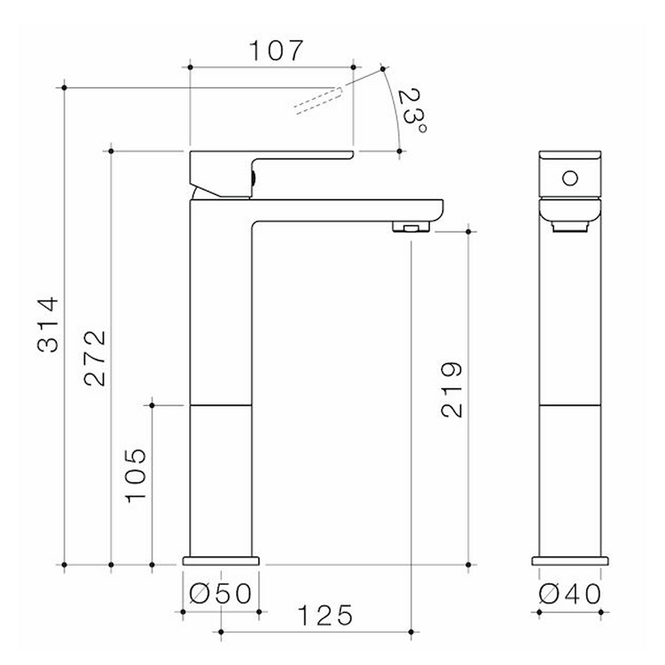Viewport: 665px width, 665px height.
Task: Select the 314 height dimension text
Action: (49, 324)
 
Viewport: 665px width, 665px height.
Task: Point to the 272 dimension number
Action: (95, 358)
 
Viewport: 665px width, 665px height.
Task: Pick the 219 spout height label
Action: (451, 390)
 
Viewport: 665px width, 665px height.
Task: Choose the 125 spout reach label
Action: (325, 615)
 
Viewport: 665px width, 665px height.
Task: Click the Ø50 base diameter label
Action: (221, 593)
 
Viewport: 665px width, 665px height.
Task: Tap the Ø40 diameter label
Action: (570, 593)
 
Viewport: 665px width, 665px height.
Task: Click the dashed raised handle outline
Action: (318, 100)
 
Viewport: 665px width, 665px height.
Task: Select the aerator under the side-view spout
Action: (411, 227)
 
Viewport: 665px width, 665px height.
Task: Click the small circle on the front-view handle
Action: (570, 177)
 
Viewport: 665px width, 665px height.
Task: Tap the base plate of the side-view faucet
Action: (221, 560)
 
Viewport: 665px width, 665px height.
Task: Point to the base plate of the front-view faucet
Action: (570, 560)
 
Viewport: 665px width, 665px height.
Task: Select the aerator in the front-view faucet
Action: (570, 226)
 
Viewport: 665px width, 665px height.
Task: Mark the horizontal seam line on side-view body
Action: (221, 405)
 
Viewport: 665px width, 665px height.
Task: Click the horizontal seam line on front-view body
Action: (570, 405)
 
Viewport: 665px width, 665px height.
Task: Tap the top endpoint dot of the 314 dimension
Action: (64, 87)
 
